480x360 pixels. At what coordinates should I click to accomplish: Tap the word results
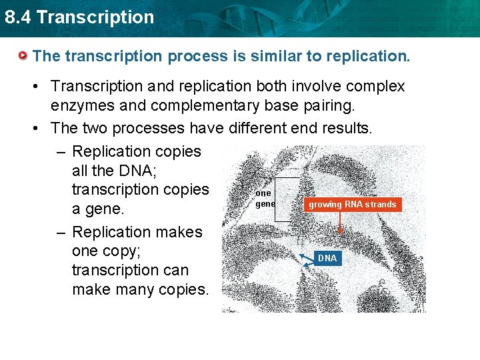point(343,127)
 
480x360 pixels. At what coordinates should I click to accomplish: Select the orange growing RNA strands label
point(352,205)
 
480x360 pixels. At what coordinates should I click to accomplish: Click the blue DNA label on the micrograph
point(327,258)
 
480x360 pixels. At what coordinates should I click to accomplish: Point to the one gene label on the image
point(265,199)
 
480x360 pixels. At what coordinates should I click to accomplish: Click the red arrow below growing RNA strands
point(341,223)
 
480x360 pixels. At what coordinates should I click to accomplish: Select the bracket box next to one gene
point(288,199)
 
